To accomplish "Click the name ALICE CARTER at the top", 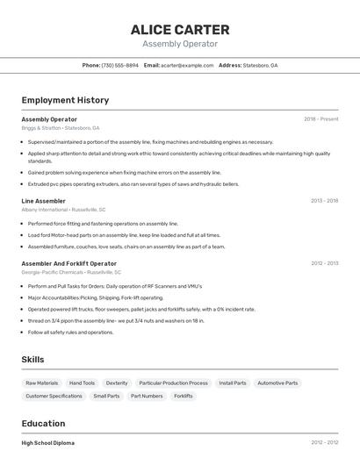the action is [x=179, y=30].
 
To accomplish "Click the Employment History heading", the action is [x=65, y=100].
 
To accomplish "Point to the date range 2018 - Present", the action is [x=320, y=118].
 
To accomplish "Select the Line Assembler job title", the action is [x=44, y=201].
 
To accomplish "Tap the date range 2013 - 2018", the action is [x=324, y=201].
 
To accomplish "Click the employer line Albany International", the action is [x=63, y=210].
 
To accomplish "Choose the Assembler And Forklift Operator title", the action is [x=69, y=263].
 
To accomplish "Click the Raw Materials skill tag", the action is [x=42, y=383].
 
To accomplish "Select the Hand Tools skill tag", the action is [x=82, y=383].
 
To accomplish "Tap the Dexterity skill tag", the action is [x=117, y=383].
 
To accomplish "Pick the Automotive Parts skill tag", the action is [x=277, y=383].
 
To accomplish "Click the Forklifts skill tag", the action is [x=184, y=396].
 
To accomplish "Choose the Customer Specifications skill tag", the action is [x=54, y=396].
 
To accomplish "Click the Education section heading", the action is [x=43, y=424].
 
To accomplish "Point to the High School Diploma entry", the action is [x=48, y=443].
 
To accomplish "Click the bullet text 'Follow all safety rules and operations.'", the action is [x=70, y=333].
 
